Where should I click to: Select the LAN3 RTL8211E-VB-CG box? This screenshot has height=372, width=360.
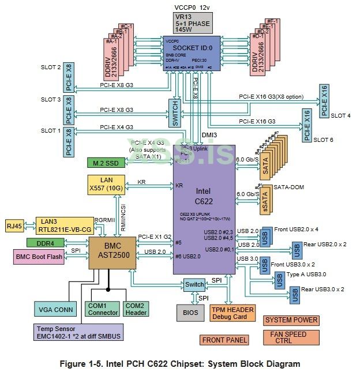point(63,225)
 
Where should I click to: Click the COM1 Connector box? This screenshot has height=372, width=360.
point(102,309)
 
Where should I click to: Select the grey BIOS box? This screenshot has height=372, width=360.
point(190,313)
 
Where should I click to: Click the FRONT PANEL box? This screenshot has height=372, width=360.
point(224,340)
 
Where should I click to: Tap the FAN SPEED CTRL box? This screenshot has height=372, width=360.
point(292,337)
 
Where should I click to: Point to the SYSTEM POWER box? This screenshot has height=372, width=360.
point(291,320)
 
